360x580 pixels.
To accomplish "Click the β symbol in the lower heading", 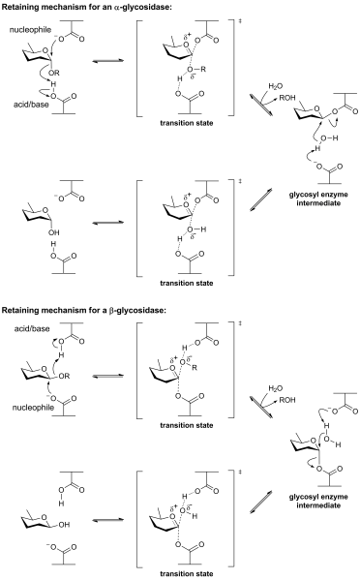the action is [x=111, y=311].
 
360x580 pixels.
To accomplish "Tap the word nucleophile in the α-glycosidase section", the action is [x=30, y=30].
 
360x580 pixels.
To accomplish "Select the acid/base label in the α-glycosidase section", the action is [x=31, y=105].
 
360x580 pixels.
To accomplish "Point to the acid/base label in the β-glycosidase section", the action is [x=32, y=328].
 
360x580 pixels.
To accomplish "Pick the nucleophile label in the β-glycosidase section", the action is [x=33, y=408].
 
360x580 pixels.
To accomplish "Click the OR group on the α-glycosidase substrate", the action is [x=54, y=73].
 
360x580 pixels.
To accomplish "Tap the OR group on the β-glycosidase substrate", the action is [x=64, y=377].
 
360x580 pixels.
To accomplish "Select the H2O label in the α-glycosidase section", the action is [x=276, y=86].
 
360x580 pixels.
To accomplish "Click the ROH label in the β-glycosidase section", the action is [x=287, y=400].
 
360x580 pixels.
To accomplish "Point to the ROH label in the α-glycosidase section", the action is [x=287, y=98].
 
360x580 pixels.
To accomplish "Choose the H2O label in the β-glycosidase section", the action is [x=276, y=388].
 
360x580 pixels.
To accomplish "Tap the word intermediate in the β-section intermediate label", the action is [x=318, y=505].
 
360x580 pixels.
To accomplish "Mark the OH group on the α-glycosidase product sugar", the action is [x=54, y=232].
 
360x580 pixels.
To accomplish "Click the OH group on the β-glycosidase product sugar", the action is [x=64, y=525].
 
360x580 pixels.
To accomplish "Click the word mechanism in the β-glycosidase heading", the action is [x=59, y=311].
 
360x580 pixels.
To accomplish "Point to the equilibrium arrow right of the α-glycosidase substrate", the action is [x=108, y=61].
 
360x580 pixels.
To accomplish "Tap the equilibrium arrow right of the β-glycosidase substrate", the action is [x=108, y=377].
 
